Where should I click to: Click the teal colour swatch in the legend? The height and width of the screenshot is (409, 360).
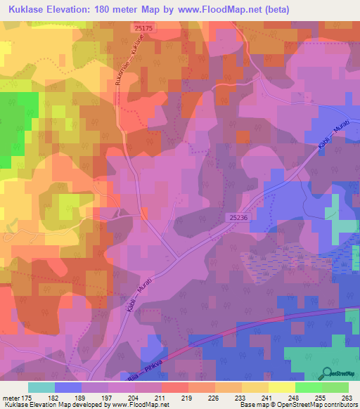tap(41, 387)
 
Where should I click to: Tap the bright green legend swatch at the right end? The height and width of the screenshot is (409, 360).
tap(335, 387)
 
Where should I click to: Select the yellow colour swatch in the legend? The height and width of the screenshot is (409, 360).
tap(281, 387)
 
